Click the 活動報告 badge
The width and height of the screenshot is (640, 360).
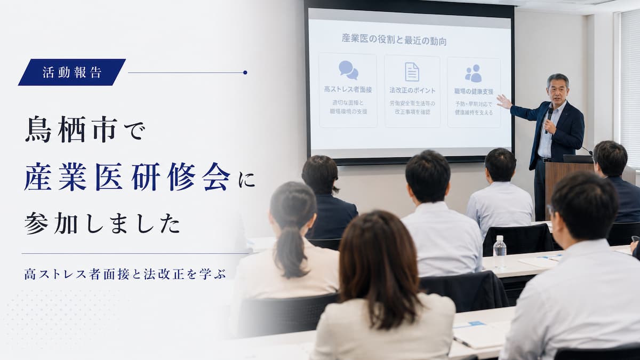pyautogui.click(x=72, y=73)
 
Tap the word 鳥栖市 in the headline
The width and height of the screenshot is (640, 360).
pyautogui.click(x=71, y=130)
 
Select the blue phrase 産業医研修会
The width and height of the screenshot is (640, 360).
pyautogui.click(x=127, y=177)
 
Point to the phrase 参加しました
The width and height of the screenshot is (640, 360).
pyautogui.click(x=102, y=223)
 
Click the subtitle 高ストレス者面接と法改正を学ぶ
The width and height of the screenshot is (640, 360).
pyautogui.click(x=125, y=274)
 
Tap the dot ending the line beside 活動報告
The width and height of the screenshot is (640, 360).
pyautogui.click(x=245, y=73)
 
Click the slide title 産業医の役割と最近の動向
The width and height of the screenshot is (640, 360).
pyautogui.click(x=394, y=40)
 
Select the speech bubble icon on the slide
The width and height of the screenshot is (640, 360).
pyautogui.click(x=348, y=70)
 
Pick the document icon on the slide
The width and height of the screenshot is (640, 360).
pyautogui.click(x=412, y=72)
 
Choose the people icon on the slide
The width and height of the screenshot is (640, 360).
pyautogui.click(x=474, y=74)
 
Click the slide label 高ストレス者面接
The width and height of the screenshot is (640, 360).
pyautogui.click(x=348, y=90)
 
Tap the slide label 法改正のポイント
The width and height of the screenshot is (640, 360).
pyautogui.click(x=412, y=91)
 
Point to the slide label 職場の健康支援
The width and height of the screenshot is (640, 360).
pyautogui.click(x=474, y=91)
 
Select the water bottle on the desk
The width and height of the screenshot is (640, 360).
pyautogui.click(x=499, y=252)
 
